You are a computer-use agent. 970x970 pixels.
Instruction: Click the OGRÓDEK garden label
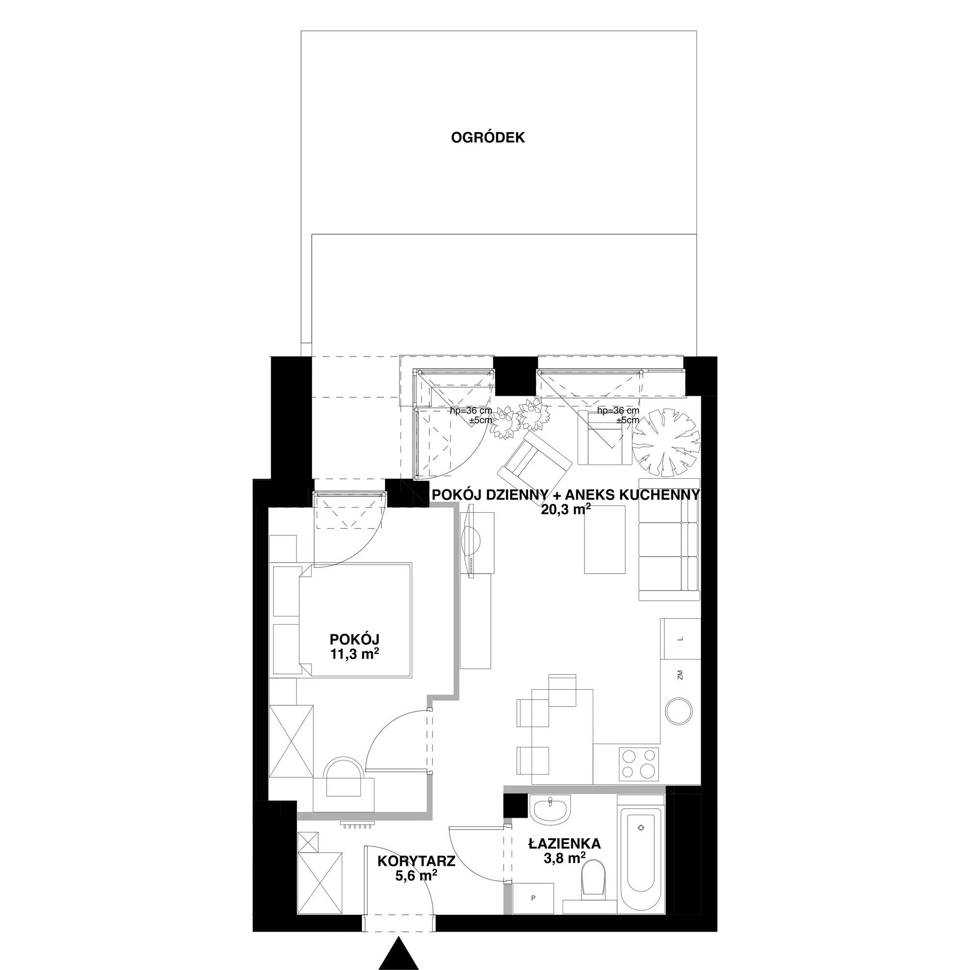487,138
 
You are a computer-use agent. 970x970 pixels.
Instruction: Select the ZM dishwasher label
680,674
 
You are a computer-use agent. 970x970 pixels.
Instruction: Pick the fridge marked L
680,639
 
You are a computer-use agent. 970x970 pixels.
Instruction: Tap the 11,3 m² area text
354,653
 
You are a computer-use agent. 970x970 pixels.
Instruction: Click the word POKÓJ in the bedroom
354,639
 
